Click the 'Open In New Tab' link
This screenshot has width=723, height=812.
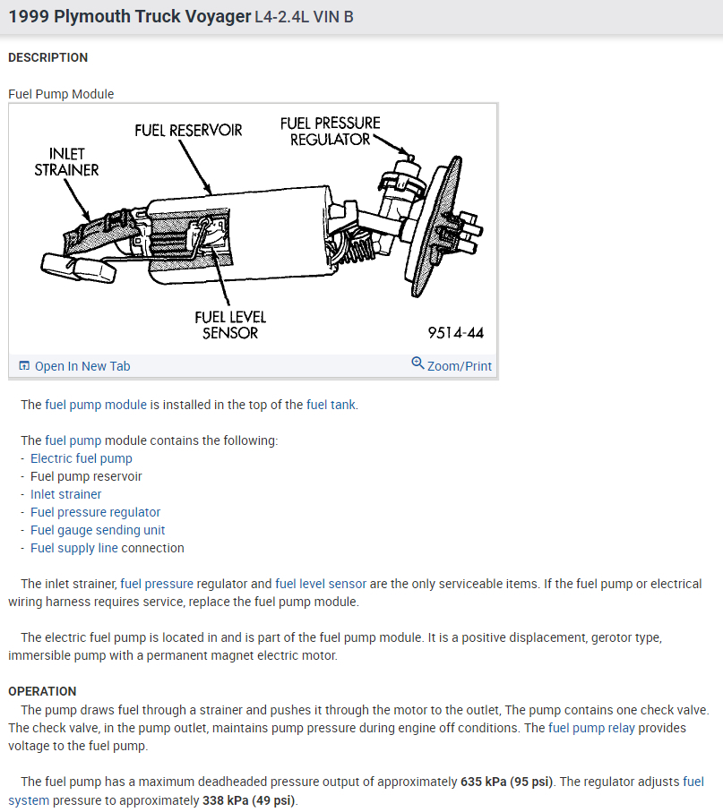(82, 366)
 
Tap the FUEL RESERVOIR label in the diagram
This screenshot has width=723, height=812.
(188, 131)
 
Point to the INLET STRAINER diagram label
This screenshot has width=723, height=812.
(66, 161)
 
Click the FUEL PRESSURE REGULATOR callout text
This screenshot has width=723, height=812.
(330, 131)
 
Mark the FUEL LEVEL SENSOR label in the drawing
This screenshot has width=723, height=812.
(230, 325)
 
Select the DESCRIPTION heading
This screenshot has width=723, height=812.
(48, 57)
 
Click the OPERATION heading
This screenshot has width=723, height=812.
(42, 691)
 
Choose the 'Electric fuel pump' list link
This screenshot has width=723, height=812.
(82, 458)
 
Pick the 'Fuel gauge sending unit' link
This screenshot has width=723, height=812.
(98, 530)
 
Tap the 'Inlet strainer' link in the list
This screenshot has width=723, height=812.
(66, 494)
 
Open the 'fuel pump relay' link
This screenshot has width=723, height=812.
(591, 728)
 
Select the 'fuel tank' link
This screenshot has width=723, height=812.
(331, 405)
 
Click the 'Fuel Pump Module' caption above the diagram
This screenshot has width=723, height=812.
(61, 94)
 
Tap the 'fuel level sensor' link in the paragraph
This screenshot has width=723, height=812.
(321, 584)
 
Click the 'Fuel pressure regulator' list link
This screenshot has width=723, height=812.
(96, 512)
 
